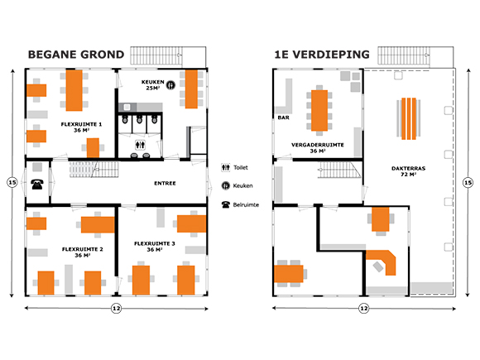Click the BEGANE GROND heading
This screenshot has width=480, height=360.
coord(76,55)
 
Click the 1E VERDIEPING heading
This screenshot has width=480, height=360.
coord(322,55)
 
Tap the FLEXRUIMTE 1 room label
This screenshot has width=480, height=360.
coord(81,127)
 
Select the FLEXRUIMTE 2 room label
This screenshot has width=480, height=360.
coord(83,252)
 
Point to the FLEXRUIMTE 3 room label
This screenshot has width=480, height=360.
coord(155,247)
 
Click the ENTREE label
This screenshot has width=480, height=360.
coord(165,184)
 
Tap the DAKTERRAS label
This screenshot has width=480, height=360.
coord(408,171)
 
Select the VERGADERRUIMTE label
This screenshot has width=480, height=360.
coord(318,147)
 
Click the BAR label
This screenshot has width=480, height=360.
coord(284,118)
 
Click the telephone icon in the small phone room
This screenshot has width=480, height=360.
coord(37,185)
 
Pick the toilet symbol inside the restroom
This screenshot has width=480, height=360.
coord(140,145)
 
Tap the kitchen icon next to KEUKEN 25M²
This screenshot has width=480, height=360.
coord(170,85)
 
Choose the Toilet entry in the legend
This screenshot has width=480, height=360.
coord(234,167)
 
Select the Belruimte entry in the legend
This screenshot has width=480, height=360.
coord(240,204)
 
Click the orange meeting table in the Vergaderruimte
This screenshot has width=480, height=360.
coord(319,111)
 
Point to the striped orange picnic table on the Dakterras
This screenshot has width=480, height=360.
coord(409,119)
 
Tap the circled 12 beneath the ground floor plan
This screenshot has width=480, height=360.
coord(117,308)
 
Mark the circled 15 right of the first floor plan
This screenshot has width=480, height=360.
coord(468,183)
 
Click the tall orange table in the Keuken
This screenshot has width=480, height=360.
coord(191,89)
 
